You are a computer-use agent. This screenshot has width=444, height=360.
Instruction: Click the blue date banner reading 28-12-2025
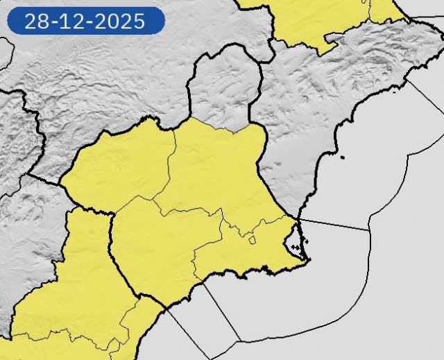85,21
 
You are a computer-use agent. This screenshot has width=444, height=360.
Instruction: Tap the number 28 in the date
34,21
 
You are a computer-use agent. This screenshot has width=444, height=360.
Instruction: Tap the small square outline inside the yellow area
253,240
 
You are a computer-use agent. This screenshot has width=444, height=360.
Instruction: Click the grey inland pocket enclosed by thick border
222,90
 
